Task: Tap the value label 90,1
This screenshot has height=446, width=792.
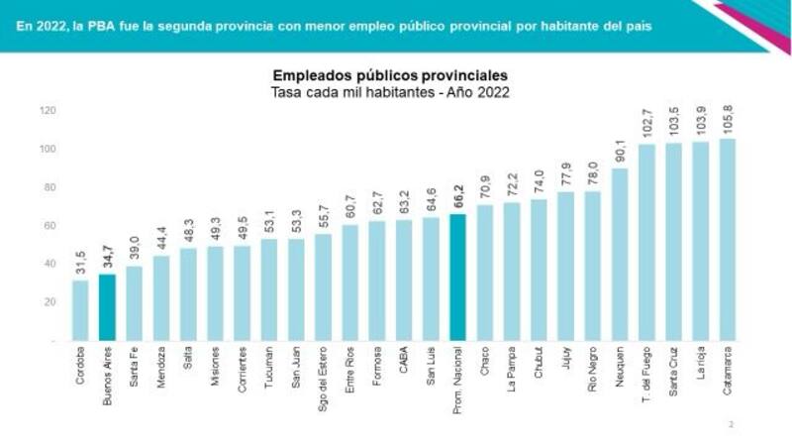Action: pyautogui.click(x=620, y=148)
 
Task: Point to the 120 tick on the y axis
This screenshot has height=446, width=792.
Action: pyautogui.click(x=48, y=111)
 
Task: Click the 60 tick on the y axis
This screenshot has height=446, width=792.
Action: pyautogui.click(x=49, y=226)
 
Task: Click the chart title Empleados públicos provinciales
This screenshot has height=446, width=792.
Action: pyautogui.click(x=390, y=76)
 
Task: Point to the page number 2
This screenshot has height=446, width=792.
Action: pyautogui.click(x=731, y=424)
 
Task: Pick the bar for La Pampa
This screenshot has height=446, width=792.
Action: pyautogui.click(x=512, y=272)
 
